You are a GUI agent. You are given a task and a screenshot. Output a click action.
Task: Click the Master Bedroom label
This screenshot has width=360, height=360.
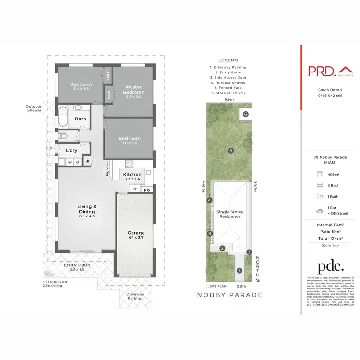133,89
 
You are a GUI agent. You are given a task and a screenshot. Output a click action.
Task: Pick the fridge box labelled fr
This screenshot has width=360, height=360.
135,189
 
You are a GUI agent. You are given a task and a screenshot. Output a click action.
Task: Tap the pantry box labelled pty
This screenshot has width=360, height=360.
147,189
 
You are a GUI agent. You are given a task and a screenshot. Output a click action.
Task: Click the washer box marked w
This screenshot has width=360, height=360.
70,162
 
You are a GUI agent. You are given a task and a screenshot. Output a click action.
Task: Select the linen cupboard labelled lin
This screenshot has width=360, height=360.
88,161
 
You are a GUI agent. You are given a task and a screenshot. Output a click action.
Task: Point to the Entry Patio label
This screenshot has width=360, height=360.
77,267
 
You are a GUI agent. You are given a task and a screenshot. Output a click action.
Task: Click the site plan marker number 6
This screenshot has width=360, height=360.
245,114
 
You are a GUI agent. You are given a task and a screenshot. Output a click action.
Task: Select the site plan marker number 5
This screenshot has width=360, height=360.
231,151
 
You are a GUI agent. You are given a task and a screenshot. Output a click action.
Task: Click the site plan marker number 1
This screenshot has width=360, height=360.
239,271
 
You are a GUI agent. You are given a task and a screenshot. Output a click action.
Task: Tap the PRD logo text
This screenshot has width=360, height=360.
321,71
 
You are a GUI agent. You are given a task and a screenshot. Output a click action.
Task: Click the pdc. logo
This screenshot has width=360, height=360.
331,266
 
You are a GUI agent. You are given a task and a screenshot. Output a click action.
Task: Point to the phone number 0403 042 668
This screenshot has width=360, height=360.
330,96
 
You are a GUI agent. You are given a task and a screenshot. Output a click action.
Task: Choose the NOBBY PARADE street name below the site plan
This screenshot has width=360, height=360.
230,295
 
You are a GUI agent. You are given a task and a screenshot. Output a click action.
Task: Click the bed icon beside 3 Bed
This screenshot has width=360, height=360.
319,185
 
